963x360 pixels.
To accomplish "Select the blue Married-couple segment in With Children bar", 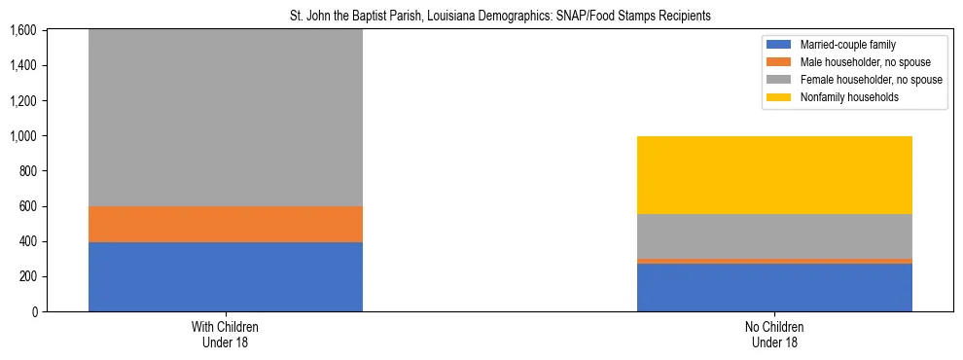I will click(x=226, y=276).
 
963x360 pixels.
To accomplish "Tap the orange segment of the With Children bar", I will click(x=226, y=224).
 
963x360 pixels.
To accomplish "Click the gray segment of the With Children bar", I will click(x=226, y=117).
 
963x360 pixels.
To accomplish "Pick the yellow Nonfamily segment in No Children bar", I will click(x=774, y=175).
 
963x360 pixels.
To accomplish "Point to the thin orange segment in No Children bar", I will click(x=774, y=261).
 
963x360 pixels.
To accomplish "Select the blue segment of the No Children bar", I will click(x=774, y=287).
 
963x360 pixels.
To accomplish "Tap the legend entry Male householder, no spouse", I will click(x=857, y=62).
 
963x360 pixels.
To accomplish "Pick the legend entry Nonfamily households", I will click(x=843, y=97).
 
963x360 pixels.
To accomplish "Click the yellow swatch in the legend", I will click(x=779, y=97).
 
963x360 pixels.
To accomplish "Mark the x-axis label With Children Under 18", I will click(x=226, y=334).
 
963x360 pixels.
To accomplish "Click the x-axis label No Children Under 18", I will click(x=774, y=334).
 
